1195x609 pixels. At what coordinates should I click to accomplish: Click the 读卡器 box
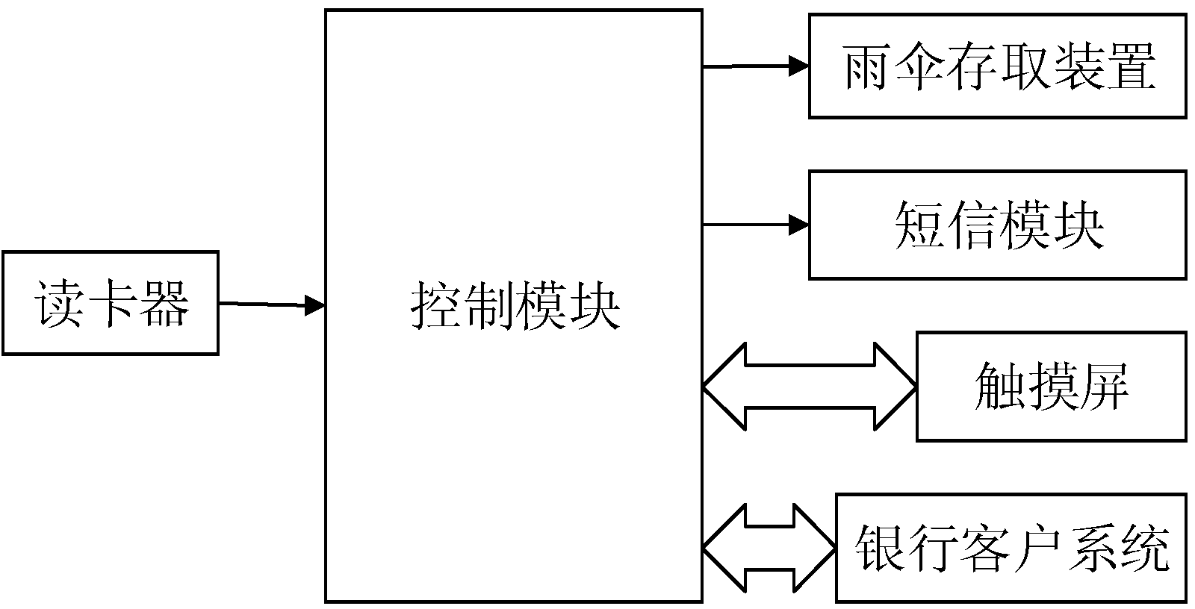(x=111, y=303)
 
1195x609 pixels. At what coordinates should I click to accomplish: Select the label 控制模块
(x=515, y=307)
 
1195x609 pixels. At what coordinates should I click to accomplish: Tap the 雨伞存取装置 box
(x=997, y=66)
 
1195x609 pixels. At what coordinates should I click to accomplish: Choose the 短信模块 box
(x=997, y=225)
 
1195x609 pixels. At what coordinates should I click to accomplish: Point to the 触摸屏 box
(x=1051, y=387)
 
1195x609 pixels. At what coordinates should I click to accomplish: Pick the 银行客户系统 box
(x=1011, y=548)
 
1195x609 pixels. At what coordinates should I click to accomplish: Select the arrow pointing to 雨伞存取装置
(x=755, y=66)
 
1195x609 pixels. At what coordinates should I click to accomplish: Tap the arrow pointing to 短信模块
(x=755, y=225)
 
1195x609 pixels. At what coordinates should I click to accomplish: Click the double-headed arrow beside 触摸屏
(x=809, y=387)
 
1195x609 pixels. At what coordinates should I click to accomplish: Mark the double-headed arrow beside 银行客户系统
(x=769, y=548)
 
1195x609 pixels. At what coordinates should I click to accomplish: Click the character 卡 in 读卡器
(x=111, y=303)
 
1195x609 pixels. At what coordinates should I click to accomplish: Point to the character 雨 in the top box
(x=869, y=66)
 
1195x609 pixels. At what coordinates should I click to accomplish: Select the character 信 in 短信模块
(x=972, y=225)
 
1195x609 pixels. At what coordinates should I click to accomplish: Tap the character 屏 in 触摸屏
(x=1103, y=387)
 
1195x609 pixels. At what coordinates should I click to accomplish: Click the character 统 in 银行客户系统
(x=1143, y=548)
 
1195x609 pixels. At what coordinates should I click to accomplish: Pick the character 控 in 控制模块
(x=437, y=307)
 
